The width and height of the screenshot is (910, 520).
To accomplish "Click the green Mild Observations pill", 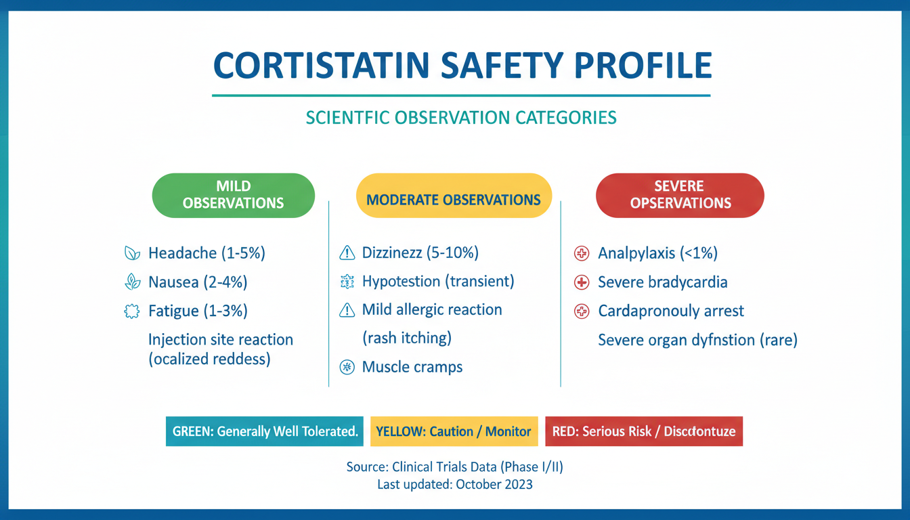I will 233,195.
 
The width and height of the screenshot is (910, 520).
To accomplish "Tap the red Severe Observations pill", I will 680,195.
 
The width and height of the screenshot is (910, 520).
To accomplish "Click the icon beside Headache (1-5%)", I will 132,253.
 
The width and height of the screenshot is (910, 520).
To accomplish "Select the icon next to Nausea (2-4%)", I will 132,282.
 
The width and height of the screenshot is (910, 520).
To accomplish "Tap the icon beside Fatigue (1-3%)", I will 132,311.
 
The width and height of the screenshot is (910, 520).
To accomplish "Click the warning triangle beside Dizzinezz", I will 347,253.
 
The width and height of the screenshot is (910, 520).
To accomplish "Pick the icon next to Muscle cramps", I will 347,367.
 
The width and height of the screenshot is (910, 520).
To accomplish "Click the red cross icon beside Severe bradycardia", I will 581,282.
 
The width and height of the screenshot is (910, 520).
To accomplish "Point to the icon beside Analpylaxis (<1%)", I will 581,253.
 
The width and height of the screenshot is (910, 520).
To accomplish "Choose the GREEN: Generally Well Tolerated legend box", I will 265,431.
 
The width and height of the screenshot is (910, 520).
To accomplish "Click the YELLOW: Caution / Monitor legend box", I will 453,431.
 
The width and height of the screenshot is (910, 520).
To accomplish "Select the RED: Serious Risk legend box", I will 643,431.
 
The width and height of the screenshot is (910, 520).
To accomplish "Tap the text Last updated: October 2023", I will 454,484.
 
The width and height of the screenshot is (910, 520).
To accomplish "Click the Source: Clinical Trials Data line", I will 454,467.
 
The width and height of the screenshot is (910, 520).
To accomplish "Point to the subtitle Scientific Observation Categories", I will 461,118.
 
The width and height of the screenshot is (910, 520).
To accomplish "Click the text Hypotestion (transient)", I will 438,281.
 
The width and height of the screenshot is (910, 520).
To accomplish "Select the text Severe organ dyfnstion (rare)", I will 697,340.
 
